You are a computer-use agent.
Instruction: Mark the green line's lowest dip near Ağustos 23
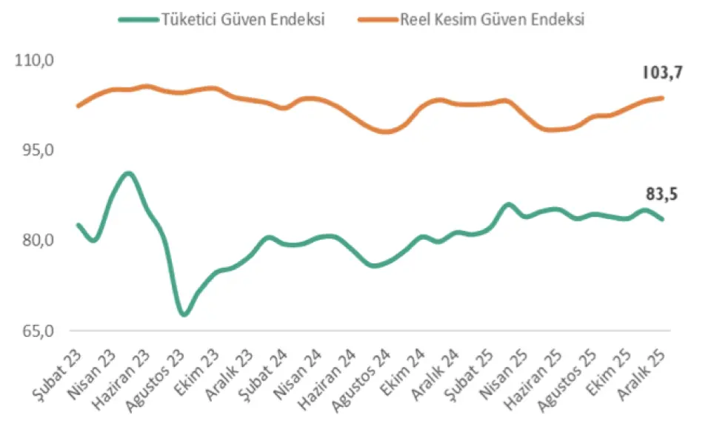coord(184,314)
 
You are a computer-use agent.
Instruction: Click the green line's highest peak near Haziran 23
coord(128,174)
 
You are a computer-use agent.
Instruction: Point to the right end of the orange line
coord(661,98)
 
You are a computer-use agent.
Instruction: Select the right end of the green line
coord(661,219)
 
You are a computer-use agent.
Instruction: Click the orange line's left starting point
coord(78,106)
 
